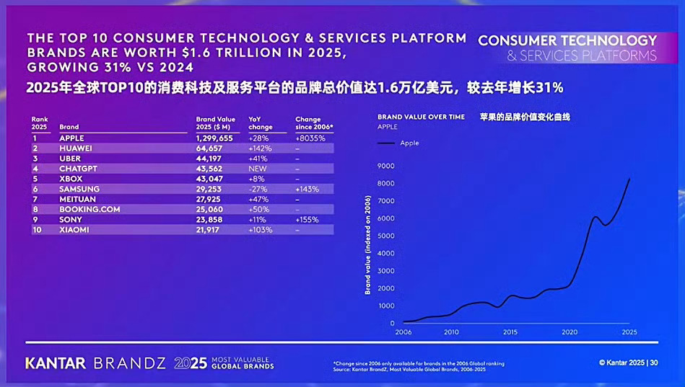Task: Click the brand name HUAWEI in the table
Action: pos(75,148)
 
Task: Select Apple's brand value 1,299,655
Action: pos(215,138)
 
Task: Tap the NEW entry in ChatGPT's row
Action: pos(257,168)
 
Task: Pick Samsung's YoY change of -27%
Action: pos(258,189)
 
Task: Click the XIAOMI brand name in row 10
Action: pos(74,229)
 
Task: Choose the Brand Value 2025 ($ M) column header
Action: pos(216,123)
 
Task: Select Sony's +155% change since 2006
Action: pos(307,219)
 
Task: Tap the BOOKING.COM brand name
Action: pos(84,209)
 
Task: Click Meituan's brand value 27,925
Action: pos(211,199)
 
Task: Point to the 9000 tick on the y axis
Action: pos(386,166)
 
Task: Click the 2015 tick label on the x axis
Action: pos(510,332)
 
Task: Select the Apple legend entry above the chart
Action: pos(409,143)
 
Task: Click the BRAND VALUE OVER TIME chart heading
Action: pos(422,116)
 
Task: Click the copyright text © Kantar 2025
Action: pos(620,362)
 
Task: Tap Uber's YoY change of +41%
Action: pos(258,158)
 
